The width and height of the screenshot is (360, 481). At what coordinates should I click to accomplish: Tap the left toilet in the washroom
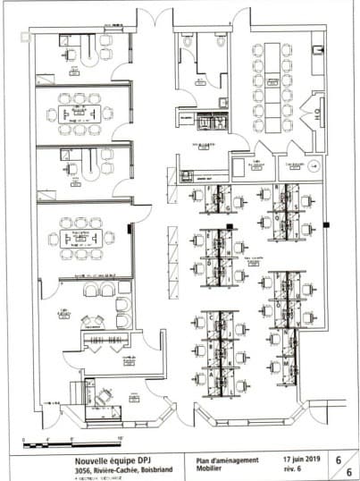187,41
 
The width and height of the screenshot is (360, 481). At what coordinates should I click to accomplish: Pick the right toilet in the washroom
221,41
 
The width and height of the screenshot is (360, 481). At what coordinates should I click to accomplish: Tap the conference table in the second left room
78,114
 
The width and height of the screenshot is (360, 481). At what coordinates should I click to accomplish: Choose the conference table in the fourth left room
80,238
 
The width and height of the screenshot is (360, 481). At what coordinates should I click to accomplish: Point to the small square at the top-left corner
22,35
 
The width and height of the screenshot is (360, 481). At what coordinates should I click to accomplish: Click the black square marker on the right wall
325,224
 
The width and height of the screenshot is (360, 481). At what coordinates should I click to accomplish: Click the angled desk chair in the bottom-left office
105,395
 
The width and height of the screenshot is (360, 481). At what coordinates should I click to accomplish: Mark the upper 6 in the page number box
339,457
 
